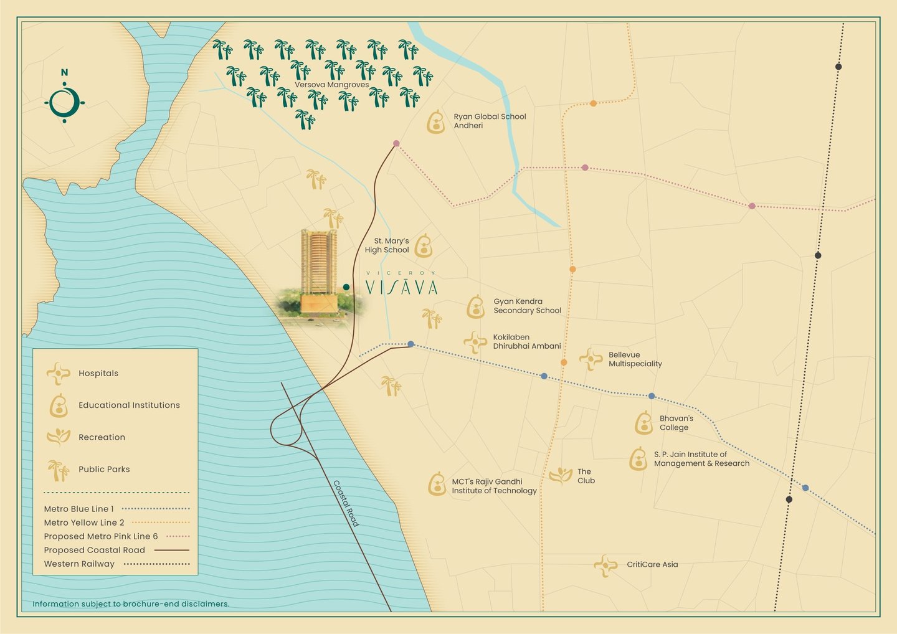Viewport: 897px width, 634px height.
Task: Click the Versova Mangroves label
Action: [x=331, y=85]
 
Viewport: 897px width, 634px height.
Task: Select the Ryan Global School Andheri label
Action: [x=489, y=121]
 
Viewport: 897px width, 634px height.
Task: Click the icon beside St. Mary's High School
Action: [x=424, y=246]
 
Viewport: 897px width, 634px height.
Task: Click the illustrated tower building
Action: [x=318, y=271]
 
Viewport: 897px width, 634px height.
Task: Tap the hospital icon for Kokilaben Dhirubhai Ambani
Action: [x=475, y=341]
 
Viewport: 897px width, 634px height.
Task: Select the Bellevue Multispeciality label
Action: [x=635, y=359]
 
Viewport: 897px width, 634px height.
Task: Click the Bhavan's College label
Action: [x=676, y=423]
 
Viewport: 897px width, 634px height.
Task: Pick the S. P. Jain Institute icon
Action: [x=638, y=459]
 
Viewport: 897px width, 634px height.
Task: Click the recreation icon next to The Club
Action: [x=561, y=476]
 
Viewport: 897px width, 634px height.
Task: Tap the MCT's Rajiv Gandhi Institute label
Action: [x=494, y=486]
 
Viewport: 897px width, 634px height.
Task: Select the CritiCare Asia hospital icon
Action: [x=605, y=565]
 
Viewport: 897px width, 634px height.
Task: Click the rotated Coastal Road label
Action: [x=346, y=503]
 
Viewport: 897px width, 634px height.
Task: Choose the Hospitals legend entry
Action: [x=98, y=373]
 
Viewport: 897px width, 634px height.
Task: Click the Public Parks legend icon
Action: [x=59, y=470]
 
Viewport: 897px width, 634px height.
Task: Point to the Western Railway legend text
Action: [x=79, y=564]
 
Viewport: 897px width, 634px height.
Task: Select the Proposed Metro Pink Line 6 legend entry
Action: [x=101, y=536]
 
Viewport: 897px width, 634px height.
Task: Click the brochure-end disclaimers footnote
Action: [x=131, y=603]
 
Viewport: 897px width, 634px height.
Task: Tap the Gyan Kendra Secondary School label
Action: [x=527, y=306]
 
